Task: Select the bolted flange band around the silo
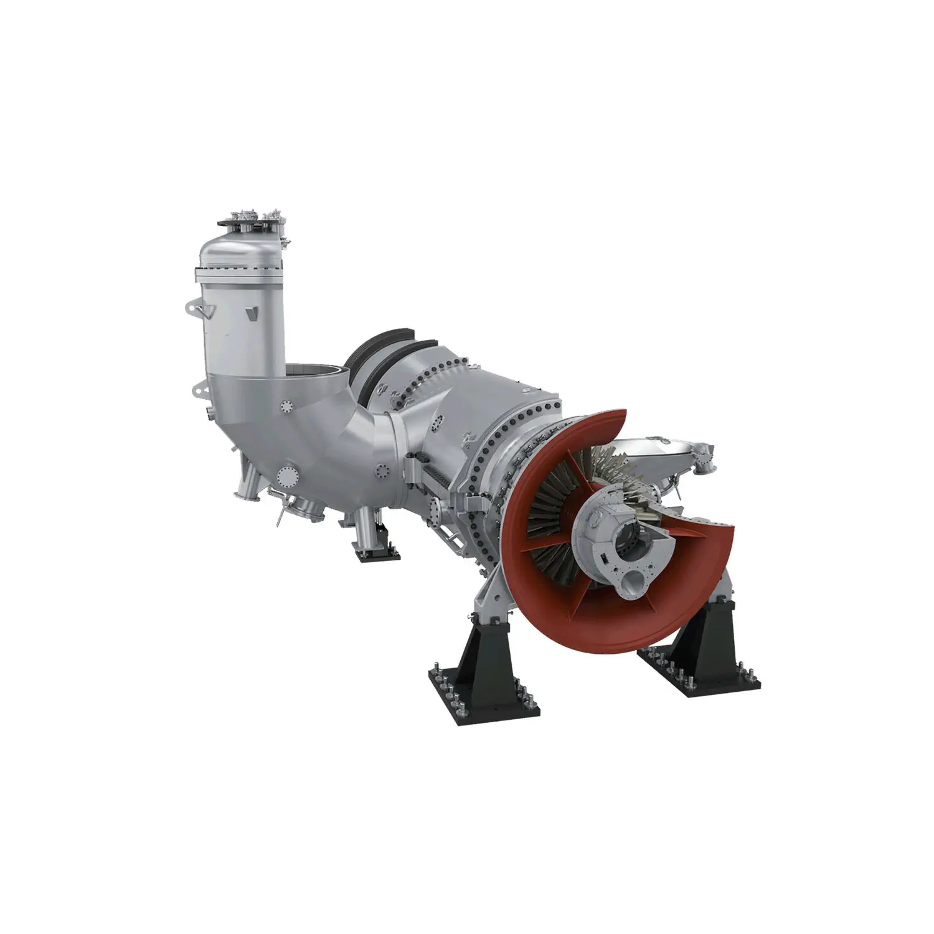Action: click(240, 272)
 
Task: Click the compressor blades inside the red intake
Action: click(548, 517)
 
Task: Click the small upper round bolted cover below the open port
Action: click(286, 407)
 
